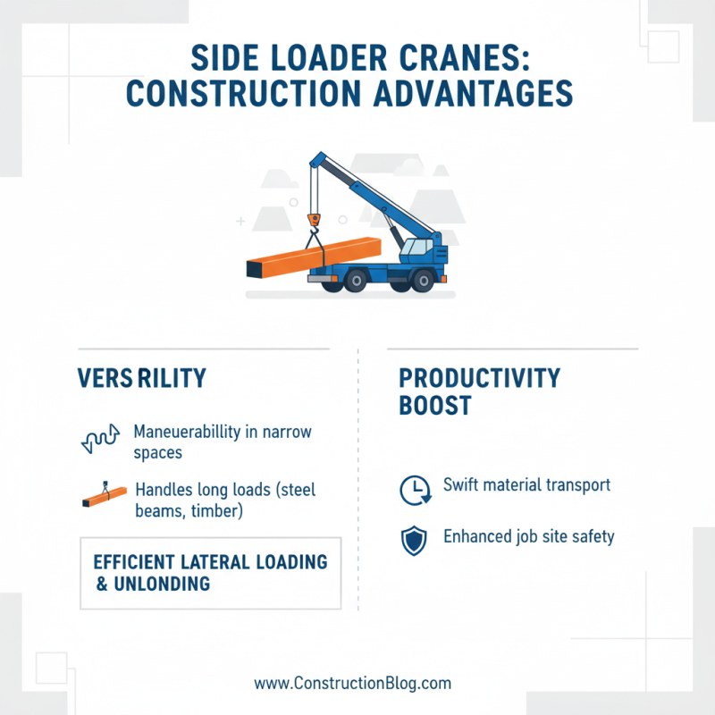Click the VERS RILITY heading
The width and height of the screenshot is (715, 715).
coord(142,378)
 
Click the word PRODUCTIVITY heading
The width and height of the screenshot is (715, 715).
coord(479,378)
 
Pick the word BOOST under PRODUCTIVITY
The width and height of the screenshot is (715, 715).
coord(434,406)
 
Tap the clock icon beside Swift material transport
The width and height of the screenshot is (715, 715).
coord(413,489)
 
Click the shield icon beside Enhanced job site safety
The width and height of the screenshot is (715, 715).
coord(413,540)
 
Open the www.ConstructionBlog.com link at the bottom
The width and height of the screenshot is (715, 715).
coord(353,683)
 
